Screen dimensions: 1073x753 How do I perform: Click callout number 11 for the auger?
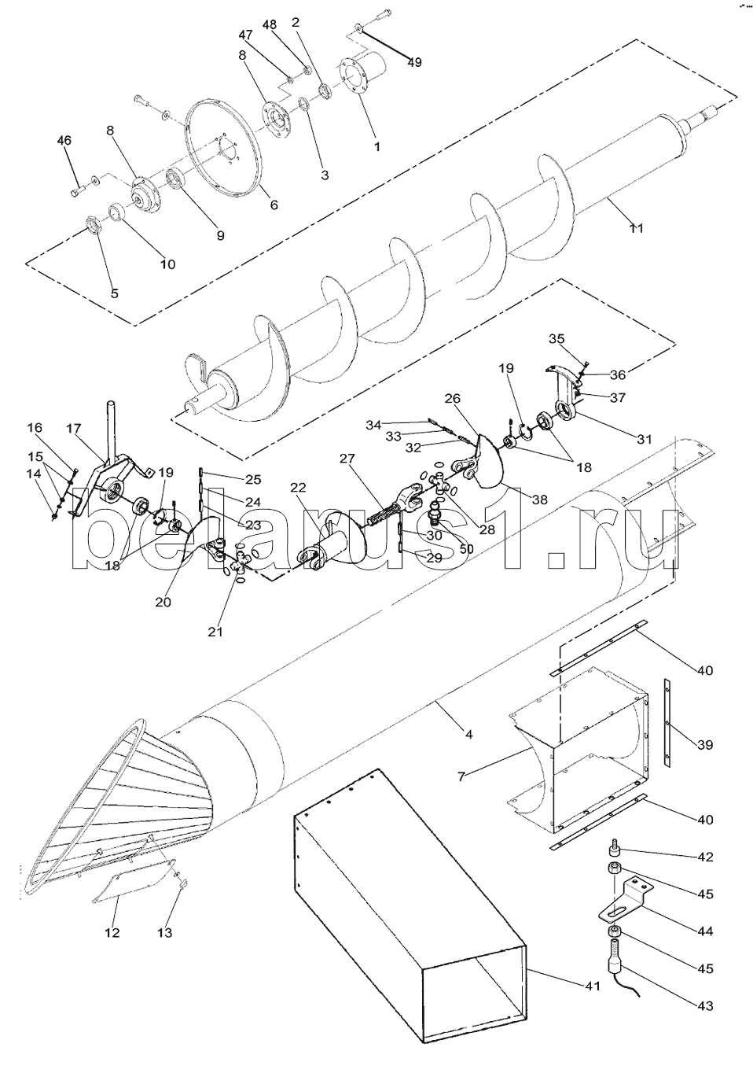[637, 228]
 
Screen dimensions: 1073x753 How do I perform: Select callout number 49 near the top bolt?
[414, 62]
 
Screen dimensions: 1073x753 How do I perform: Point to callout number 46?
[64, 141]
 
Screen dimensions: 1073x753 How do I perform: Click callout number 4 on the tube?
[468, 735]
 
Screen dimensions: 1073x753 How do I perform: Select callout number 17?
[74, 429]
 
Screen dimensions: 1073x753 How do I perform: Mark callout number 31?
[645, 440]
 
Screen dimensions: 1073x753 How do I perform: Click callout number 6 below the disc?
[274, 205]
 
